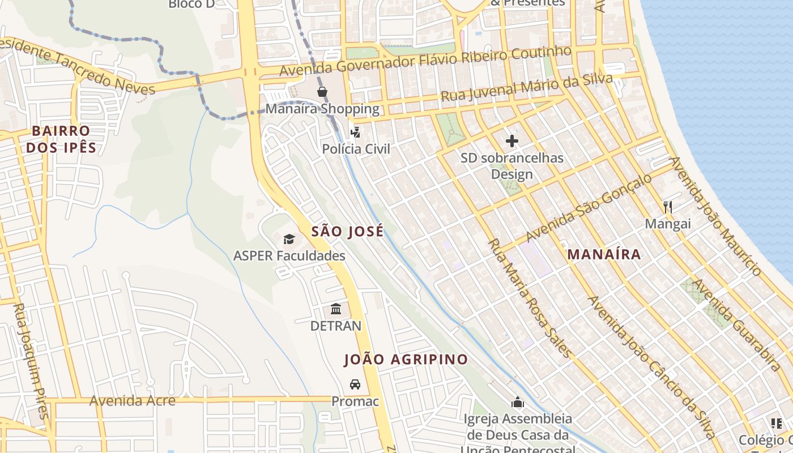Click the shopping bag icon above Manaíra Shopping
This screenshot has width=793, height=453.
[x=322, y=92]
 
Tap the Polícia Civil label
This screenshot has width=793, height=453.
[x=356, y=149]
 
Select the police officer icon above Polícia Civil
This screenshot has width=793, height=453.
[x=355, y=133]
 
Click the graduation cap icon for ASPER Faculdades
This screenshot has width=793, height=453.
[x=289, y=239]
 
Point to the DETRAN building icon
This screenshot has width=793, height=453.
[x=336, y=309]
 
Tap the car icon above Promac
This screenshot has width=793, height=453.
[x=355, y=384]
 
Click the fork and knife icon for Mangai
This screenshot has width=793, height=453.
[x=668, y=207]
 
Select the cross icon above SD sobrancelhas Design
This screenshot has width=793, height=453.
[x=512, y=141]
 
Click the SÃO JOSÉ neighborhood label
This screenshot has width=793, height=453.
[x=347, y=231]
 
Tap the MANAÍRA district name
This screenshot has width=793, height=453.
[x=604, y=255]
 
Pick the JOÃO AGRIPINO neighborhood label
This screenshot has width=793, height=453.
[x=406, y=360]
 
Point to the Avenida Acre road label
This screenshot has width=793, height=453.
[x=133, y=401]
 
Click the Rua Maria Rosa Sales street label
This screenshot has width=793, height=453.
[x=530, y=298]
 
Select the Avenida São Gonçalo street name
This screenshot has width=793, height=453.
[x=589, y=208]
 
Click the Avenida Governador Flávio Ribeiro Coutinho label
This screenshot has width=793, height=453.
[x=425, y=61]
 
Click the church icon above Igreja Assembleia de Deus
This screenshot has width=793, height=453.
[x=518, y=403]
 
